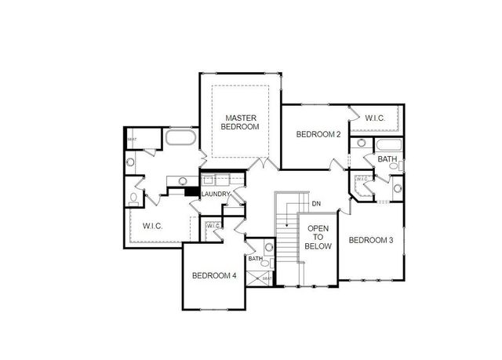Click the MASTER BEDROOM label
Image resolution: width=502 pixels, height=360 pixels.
coord(239,121)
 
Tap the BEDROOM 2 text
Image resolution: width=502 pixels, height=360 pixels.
coord(318,134)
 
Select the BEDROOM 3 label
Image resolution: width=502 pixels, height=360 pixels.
coord(371,240)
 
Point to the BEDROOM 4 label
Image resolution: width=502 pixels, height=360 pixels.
coord(214,275)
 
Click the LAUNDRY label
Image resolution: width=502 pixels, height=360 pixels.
coord(215,195)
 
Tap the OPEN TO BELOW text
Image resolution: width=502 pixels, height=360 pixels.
coord(319,237)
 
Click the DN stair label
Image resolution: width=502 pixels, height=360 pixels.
coord(316,204)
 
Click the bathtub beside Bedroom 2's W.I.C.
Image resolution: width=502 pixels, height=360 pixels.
coord(388,145)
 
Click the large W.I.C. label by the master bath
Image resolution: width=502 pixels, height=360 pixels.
coord(152,227)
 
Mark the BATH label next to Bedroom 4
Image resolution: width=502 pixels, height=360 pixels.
coord(255,258)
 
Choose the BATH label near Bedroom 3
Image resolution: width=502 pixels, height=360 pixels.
coord(387,159)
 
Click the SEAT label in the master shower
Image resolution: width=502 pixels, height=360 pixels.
coord(131,140)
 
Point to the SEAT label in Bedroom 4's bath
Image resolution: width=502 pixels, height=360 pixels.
coord(267,278)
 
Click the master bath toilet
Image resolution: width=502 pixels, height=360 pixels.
coord(134,198)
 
